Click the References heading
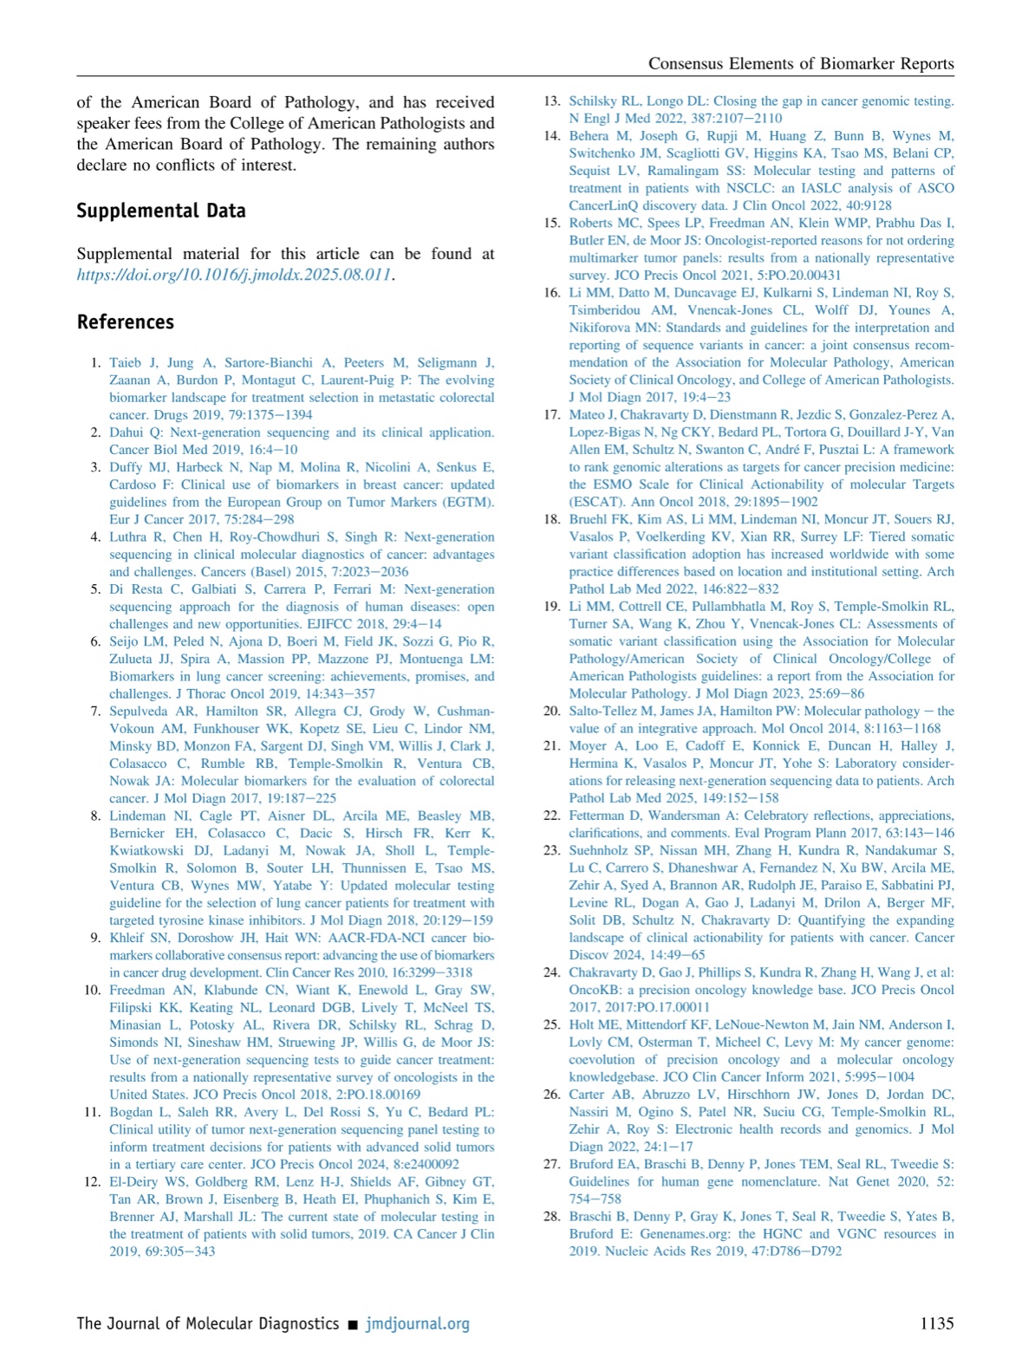point(125,322)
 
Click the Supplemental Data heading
point(160,211)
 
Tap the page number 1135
point(936,1323)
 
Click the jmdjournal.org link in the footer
point(418,1323)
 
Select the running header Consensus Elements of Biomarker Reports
point(801,63)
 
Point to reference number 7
point(96,711)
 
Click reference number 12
point(93,1181)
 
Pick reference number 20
point(552,711)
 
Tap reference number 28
point(552,1216)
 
